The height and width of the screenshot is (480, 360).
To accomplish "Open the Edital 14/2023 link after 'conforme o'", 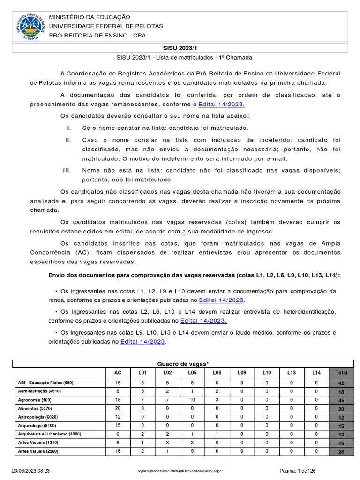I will pos(222,104).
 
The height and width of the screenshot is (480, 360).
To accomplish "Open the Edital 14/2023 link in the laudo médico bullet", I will pos(143,342).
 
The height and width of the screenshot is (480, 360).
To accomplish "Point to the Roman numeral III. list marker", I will pos(67,170).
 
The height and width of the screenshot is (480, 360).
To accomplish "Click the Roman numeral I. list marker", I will pos(68,127).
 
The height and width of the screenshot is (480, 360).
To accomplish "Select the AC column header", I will pos(118,373).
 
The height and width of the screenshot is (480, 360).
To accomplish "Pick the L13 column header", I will pos(292,373).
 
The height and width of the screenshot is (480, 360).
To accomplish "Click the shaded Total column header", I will pos(341,373).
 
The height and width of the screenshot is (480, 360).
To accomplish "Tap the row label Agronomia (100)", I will pos(34,400).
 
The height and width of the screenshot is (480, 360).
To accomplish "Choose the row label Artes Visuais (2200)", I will pos(38,451).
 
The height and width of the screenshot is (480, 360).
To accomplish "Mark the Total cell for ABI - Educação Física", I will pos(341,383).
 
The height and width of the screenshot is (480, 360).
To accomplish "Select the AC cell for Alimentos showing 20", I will pos(118,408).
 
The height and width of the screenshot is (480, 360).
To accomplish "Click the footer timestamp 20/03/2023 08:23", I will pos(30,470).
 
